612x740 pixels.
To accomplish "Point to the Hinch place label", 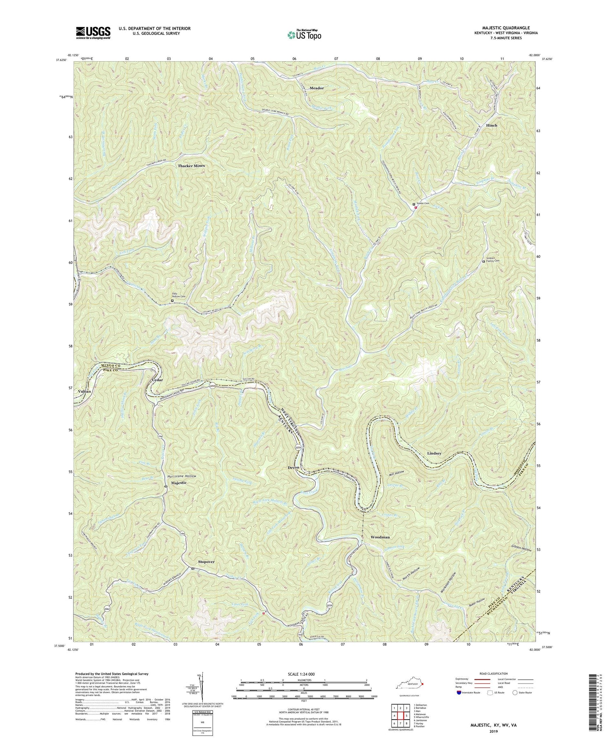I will pyautogui.click(x=491, y=125).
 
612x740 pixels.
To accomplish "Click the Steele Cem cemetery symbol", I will pyautogui.click(x=414, y=204).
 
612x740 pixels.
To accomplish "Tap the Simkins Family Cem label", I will pyautogui.click(x=493, y=262).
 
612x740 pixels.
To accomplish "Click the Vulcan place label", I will pyautogui.click(x=84, y=391).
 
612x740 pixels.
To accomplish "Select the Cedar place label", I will pyautogui.click(x=157, y=380).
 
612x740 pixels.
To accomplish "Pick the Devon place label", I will pyautogui.click(x=293, y=467).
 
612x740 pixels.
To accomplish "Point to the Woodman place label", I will pyautogui.click(x=380, y=537).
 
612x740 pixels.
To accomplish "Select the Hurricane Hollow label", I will pyautogui.click(x=182, y=476).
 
